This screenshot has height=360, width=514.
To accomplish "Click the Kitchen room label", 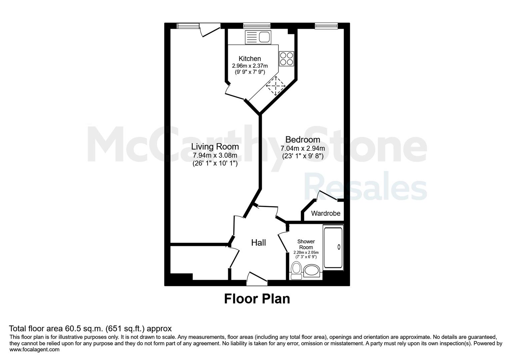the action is click(x=250, y=59).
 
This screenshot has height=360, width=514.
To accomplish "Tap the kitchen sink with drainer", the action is click(x=258, y=37).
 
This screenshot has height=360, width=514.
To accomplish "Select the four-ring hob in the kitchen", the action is click(x=286, y=59).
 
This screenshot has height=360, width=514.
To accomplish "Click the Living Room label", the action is click(x=215, y=147).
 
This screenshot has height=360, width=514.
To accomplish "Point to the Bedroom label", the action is click(x=303, y=140).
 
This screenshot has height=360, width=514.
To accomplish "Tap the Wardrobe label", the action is click(x=326, y=213).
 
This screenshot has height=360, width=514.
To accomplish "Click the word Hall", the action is click(x=258, y=243).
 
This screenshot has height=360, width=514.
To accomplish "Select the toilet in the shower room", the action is click(x=296, y=271).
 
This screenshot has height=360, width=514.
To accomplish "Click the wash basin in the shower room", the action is click(x=312, y=271).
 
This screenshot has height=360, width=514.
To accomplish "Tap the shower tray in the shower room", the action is click(x=333, y=248).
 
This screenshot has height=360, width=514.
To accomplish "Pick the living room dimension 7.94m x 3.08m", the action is click(x=215, y=156).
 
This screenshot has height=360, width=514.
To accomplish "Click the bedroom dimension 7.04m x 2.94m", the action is click(x=303, y=148).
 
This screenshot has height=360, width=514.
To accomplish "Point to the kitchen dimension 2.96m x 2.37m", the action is click(x=250, y=66).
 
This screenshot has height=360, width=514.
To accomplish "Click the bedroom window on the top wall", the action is click(x=326, y=26).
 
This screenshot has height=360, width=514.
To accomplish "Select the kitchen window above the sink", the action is click(x=257, y=26).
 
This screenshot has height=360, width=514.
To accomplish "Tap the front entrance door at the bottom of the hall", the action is click(x=257, y=279).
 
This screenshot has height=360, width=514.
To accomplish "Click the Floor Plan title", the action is click(x=257, y=299).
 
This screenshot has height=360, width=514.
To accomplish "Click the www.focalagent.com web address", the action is click(x=34, y=350).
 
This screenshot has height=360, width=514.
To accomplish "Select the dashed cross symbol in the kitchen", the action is click(x=276, y=86).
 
